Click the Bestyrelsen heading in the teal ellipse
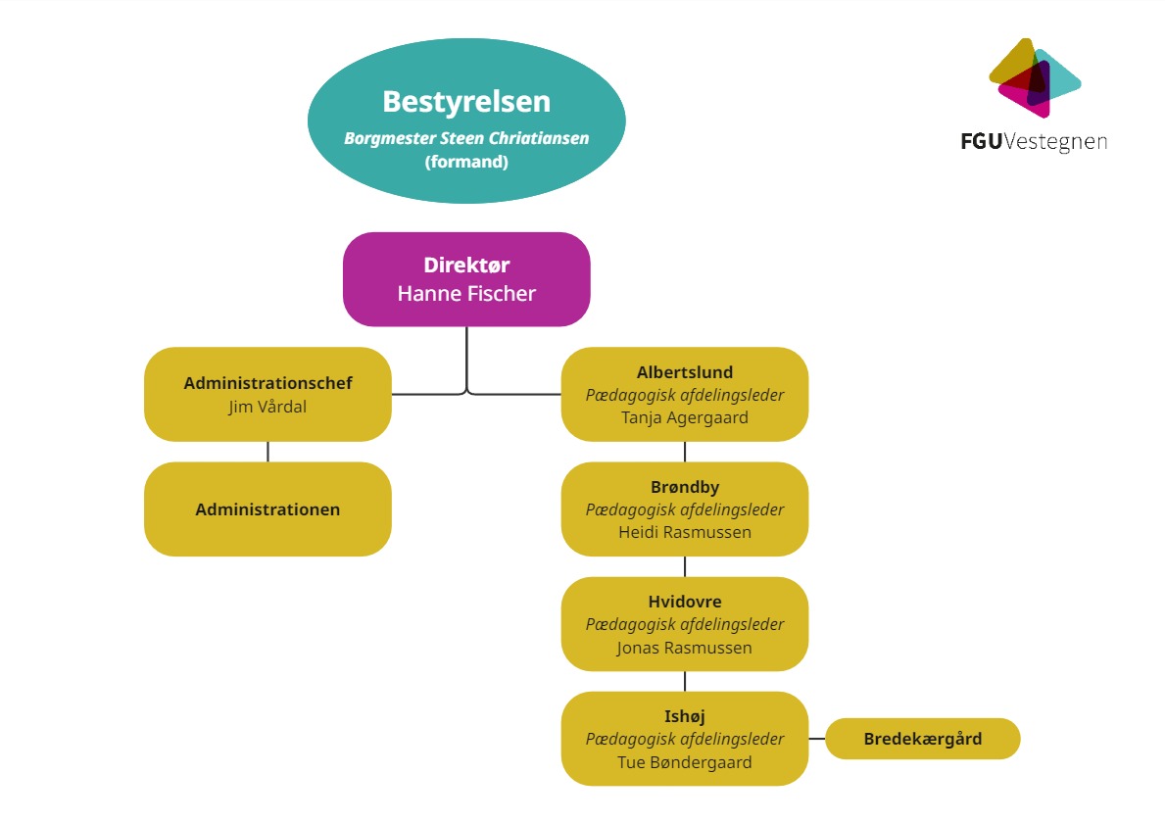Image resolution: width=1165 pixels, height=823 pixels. coord(466,102)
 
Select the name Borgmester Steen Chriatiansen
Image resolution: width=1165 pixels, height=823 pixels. coord(466,138)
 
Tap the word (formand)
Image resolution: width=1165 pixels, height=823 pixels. coord(466,162)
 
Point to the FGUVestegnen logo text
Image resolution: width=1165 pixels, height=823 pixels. coord(1034,142)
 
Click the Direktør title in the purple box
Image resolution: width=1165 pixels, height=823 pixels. coord(466,265)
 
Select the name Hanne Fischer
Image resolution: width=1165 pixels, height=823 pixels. coord(466,293)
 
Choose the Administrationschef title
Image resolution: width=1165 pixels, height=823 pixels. coord(267,383)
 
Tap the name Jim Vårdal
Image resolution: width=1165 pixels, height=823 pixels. coord(267,406)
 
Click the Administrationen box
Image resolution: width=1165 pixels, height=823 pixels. coord(267,509)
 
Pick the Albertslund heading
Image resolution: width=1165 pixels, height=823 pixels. coord(685,372)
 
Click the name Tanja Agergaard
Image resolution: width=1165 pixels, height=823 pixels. coord(685,417)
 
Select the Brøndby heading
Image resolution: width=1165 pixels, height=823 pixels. coord(685,487)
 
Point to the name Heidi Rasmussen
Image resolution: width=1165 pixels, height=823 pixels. coord(685,532)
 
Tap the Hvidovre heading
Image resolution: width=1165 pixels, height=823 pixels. coord(685,602)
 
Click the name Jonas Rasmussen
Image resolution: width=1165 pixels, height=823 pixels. coord(685,648)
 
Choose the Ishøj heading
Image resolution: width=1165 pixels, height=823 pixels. coord(685,716)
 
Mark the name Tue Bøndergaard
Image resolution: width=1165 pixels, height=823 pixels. coord(685,761)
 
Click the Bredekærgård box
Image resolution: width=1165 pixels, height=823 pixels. coord(923,739)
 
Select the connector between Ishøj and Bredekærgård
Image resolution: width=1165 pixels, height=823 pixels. coord(817,739)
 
